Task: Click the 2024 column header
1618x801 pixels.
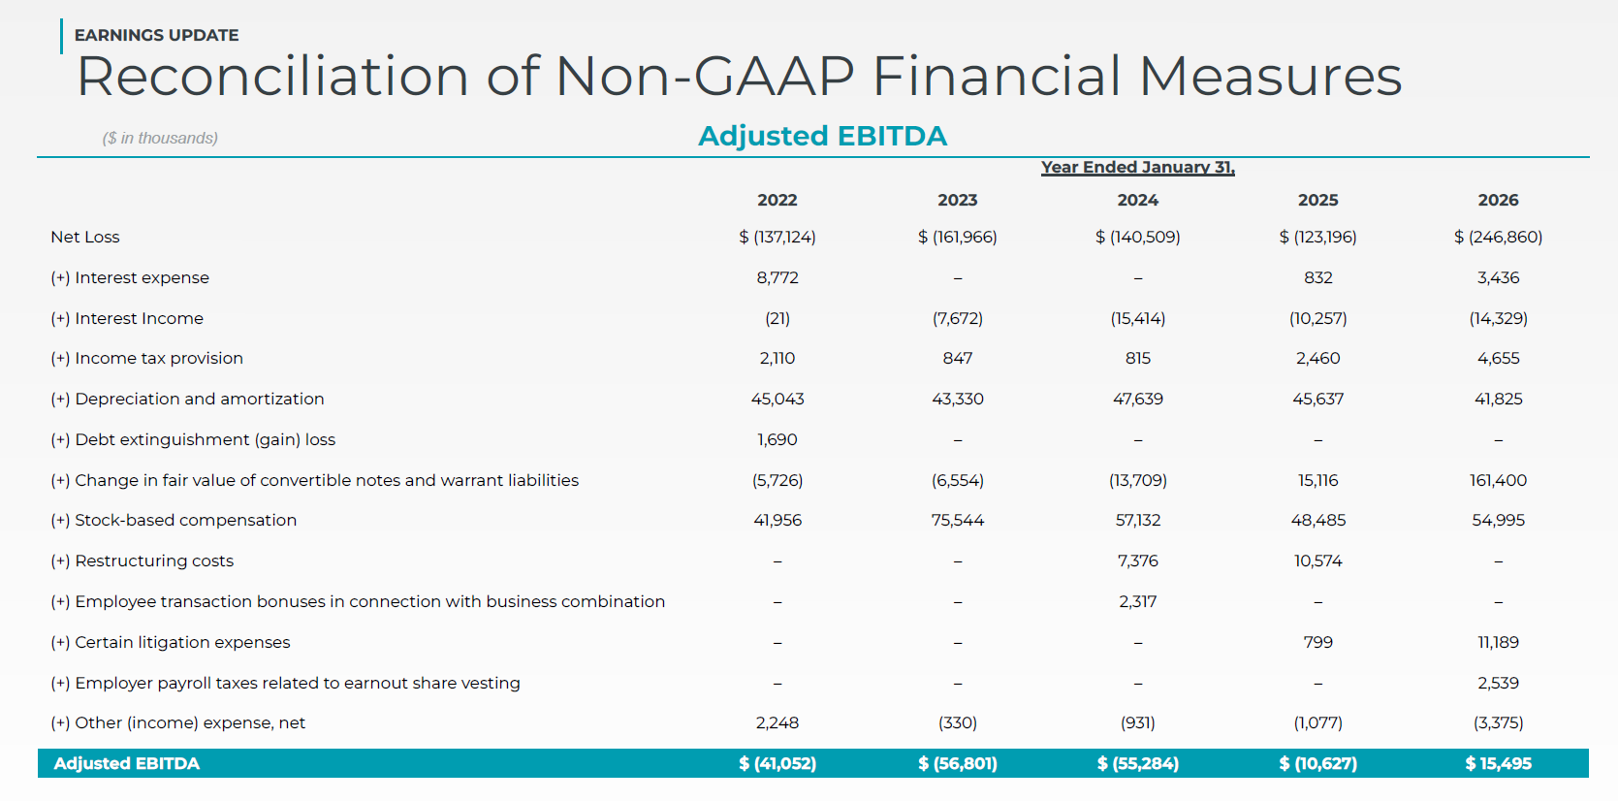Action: point(1138,200)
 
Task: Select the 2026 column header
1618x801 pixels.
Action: point(1498,200)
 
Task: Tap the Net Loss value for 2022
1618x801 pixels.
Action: point(777,237)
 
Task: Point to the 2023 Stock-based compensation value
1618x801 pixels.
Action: point(957,520)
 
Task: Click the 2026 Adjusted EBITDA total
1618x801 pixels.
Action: point(1498,763)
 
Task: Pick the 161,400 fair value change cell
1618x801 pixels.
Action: point(1498,480)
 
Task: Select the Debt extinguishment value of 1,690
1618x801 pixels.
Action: point(777,440)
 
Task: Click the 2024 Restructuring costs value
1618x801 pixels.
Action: point(1138,561)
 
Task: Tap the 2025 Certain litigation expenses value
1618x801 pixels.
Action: point(1318,642)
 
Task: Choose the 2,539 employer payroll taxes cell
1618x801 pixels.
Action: point(1498,684)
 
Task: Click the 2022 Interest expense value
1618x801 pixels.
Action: point(777,278)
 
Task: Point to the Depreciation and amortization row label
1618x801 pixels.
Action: point(187,400)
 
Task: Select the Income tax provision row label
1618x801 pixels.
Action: point(146,358)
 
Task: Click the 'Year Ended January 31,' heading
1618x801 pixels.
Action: point(1138,168)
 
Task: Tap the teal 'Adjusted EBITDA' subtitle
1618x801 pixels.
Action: point(822,136)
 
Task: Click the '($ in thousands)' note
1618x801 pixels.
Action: point(160,138)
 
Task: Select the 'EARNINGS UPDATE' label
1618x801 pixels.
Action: point(157,35)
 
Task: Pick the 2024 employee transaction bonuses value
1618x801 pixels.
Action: point(1138,601)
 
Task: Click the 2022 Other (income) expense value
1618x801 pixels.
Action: point(777,723)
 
